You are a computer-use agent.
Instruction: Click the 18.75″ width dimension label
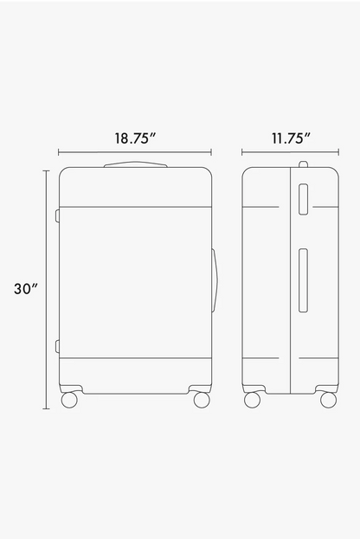135,138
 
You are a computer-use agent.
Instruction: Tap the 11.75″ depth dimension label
292,138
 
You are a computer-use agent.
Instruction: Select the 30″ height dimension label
25,289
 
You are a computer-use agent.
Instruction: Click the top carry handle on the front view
136,164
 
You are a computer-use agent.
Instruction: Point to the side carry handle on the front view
215,281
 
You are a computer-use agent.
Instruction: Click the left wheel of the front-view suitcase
69,400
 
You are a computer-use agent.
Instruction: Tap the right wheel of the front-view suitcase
202,400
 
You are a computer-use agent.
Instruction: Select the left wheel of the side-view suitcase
252,400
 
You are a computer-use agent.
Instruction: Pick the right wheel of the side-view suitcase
328,400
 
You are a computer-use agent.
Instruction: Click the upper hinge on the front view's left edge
57,216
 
